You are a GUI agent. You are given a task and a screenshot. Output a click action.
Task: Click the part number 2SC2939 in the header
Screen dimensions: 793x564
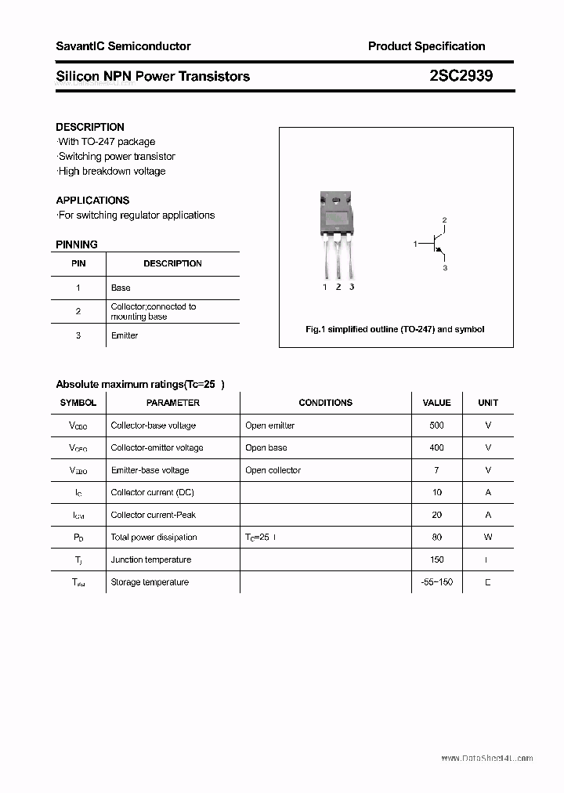[x=461, y=76]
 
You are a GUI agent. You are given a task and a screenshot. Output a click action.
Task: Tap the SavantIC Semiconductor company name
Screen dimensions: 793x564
[x=123, y=46]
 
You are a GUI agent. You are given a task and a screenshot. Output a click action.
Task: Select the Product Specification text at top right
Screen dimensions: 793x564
[x=426, y=46]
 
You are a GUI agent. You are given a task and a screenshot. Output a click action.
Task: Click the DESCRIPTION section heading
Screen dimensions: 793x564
[x=90, y=127]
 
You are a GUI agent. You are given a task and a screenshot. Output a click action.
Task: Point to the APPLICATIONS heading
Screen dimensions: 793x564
[x=92, y=201]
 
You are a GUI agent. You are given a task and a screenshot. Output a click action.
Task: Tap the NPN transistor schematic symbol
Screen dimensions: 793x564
[x=436, y=244]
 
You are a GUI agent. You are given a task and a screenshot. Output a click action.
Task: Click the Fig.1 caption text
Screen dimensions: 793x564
[x=395, y=329]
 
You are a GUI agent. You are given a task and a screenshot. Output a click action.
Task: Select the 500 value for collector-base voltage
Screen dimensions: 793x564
[x=436, y=425]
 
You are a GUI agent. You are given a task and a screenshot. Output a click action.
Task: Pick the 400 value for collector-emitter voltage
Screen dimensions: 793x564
[x=436, y=448]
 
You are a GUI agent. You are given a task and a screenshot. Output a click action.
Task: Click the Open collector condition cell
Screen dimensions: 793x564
[x=273, y=470]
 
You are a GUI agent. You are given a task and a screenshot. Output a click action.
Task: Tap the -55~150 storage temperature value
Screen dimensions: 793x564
[x=436, y=582]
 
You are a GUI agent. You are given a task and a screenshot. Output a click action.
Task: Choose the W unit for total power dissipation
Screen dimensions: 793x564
[x=487, y=538]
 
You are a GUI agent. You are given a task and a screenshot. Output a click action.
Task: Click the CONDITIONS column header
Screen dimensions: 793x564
[x=325, y=403]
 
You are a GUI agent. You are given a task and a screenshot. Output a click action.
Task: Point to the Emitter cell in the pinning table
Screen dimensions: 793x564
[x=125, y=335]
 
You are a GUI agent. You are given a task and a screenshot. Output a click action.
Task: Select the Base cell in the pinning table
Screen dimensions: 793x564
[x=121, y=288]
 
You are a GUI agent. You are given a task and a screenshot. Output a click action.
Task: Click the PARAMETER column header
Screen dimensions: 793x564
[x=173, y=403]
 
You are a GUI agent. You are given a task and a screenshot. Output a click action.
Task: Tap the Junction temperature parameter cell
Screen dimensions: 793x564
[x=151, y=559]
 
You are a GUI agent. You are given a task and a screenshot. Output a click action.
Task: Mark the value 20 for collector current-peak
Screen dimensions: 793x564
[x=436, y=515]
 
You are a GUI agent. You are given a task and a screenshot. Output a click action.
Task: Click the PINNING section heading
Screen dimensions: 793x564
[x=77, y=244]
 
